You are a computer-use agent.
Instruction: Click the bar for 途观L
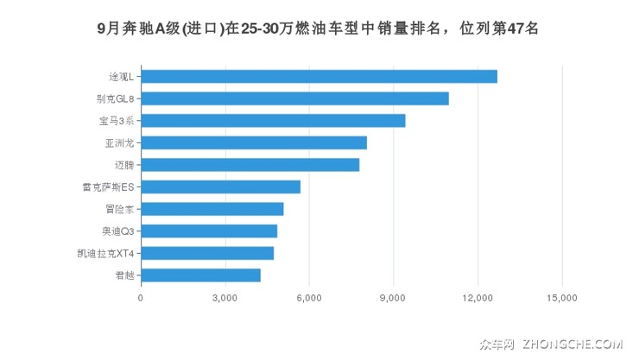pyautogui.click(x=319, y=76)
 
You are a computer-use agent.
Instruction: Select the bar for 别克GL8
pyautogui.click(x=294, y=98)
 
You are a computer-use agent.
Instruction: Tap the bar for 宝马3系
pyautogui.click(x=273, y=121)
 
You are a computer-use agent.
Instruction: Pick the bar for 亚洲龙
pyautogui.click(x=254, y=142)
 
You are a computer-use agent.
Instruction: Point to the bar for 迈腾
pyautogui.click(x=250, y=165)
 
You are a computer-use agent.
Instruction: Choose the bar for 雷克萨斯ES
pyautogui.click(x=220, y=186)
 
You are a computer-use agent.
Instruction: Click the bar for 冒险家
pyautogui.click(x=212, y=209)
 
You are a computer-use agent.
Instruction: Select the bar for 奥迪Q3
pyautogui.click(x=209, y=231)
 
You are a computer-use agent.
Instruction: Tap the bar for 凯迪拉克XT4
pyautogui.click(x=207, y=253)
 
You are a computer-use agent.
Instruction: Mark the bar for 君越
pyautogui.click(x=200, y=275)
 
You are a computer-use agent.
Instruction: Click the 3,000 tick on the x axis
pyautogui.click(x=225, y=299)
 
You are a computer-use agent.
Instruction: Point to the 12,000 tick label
pyautogui.click(x=478, y=299)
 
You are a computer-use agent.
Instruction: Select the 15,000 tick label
pyautogui.click(x=562, y=299)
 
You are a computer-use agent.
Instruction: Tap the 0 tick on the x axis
pyautogui.click(x=141, y=299)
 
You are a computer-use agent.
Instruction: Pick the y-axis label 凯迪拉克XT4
pyautogui.click(x=105, y=253)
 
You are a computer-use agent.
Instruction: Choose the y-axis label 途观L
pyautogui.click(x=121, y=76)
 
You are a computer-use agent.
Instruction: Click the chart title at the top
pyautogui.click(x=319, y=28)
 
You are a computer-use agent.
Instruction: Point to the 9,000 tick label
pyautogui.click(x=393, y=299)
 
